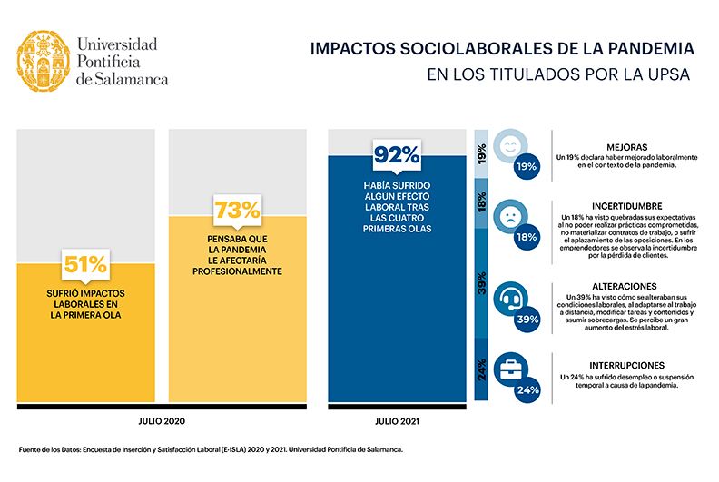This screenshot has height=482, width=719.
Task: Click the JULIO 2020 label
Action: pyautogui.click(x=163, y=421)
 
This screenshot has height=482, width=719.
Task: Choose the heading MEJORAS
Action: pyautogui.click(x=626, y=146)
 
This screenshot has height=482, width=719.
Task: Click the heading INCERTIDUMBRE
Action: pyautogui.click(x=626, y=206)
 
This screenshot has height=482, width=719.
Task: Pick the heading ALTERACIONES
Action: pyautogui.click(x=626, y=284)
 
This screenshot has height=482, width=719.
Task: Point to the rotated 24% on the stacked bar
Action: pyautogui.click(x=480, y=370)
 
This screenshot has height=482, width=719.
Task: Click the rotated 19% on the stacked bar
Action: pyautogui.click(x=480, y=155)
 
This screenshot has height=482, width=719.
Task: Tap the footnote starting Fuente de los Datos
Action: pyautogui.click(x=211, y=449)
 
